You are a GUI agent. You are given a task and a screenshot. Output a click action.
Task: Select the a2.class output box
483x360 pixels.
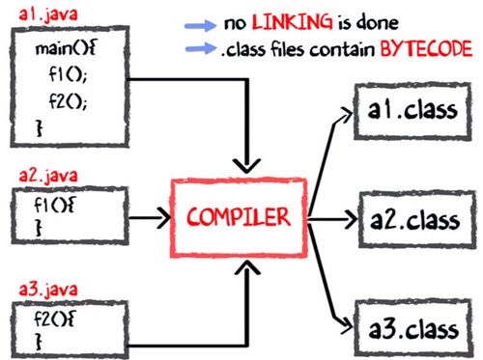coord(412,218)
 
